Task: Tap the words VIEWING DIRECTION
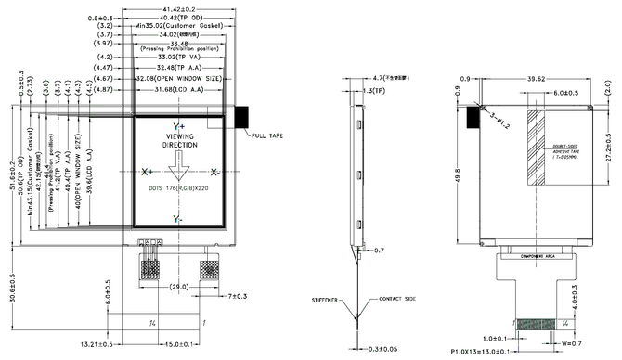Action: point(180,140)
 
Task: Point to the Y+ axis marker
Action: point(179,124)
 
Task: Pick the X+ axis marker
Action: point(147,173)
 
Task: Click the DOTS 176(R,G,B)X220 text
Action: point(180,187)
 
